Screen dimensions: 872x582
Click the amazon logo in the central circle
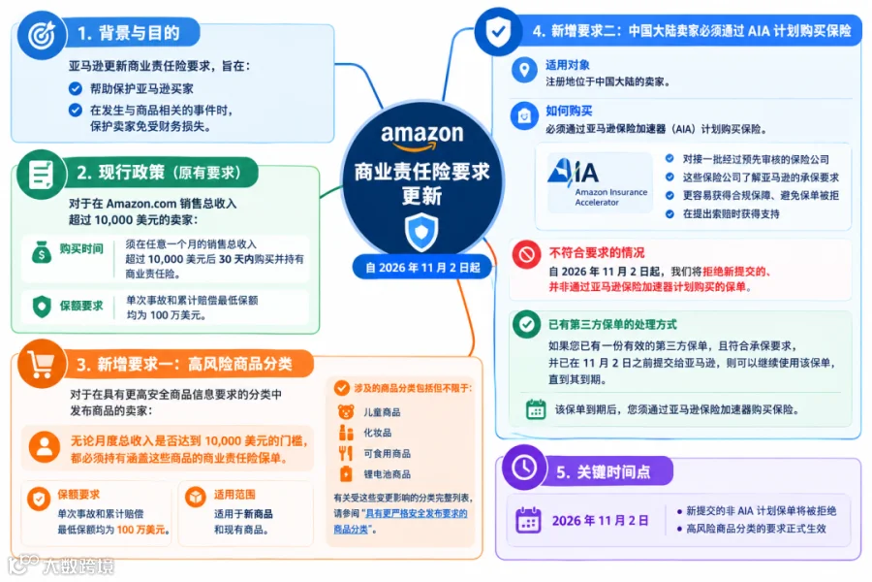pos(421,137)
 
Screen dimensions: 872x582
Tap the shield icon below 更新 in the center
pos(421,232)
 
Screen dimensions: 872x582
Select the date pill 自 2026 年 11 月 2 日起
pos(422,268)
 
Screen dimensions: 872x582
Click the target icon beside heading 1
pos(43,35)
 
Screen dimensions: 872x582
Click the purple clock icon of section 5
pos(524,468)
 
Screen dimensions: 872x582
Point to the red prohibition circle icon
pos(526,254)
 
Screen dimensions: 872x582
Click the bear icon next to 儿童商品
pos(346,412)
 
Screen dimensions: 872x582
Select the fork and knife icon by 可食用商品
pos(346,453)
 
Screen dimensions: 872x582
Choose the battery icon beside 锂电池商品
pos(346,474)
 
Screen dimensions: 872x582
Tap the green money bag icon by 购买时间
pos(42,252)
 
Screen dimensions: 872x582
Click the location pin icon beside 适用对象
pos(524,70)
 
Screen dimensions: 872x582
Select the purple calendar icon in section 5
pos(528,520)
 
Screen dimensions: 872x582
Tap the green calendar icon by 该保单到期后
pos(536,409)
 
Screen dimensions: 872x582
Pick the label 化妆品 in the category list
pos(378,433)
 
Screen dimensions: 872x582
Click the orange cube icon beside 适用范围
pos(196,497)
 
